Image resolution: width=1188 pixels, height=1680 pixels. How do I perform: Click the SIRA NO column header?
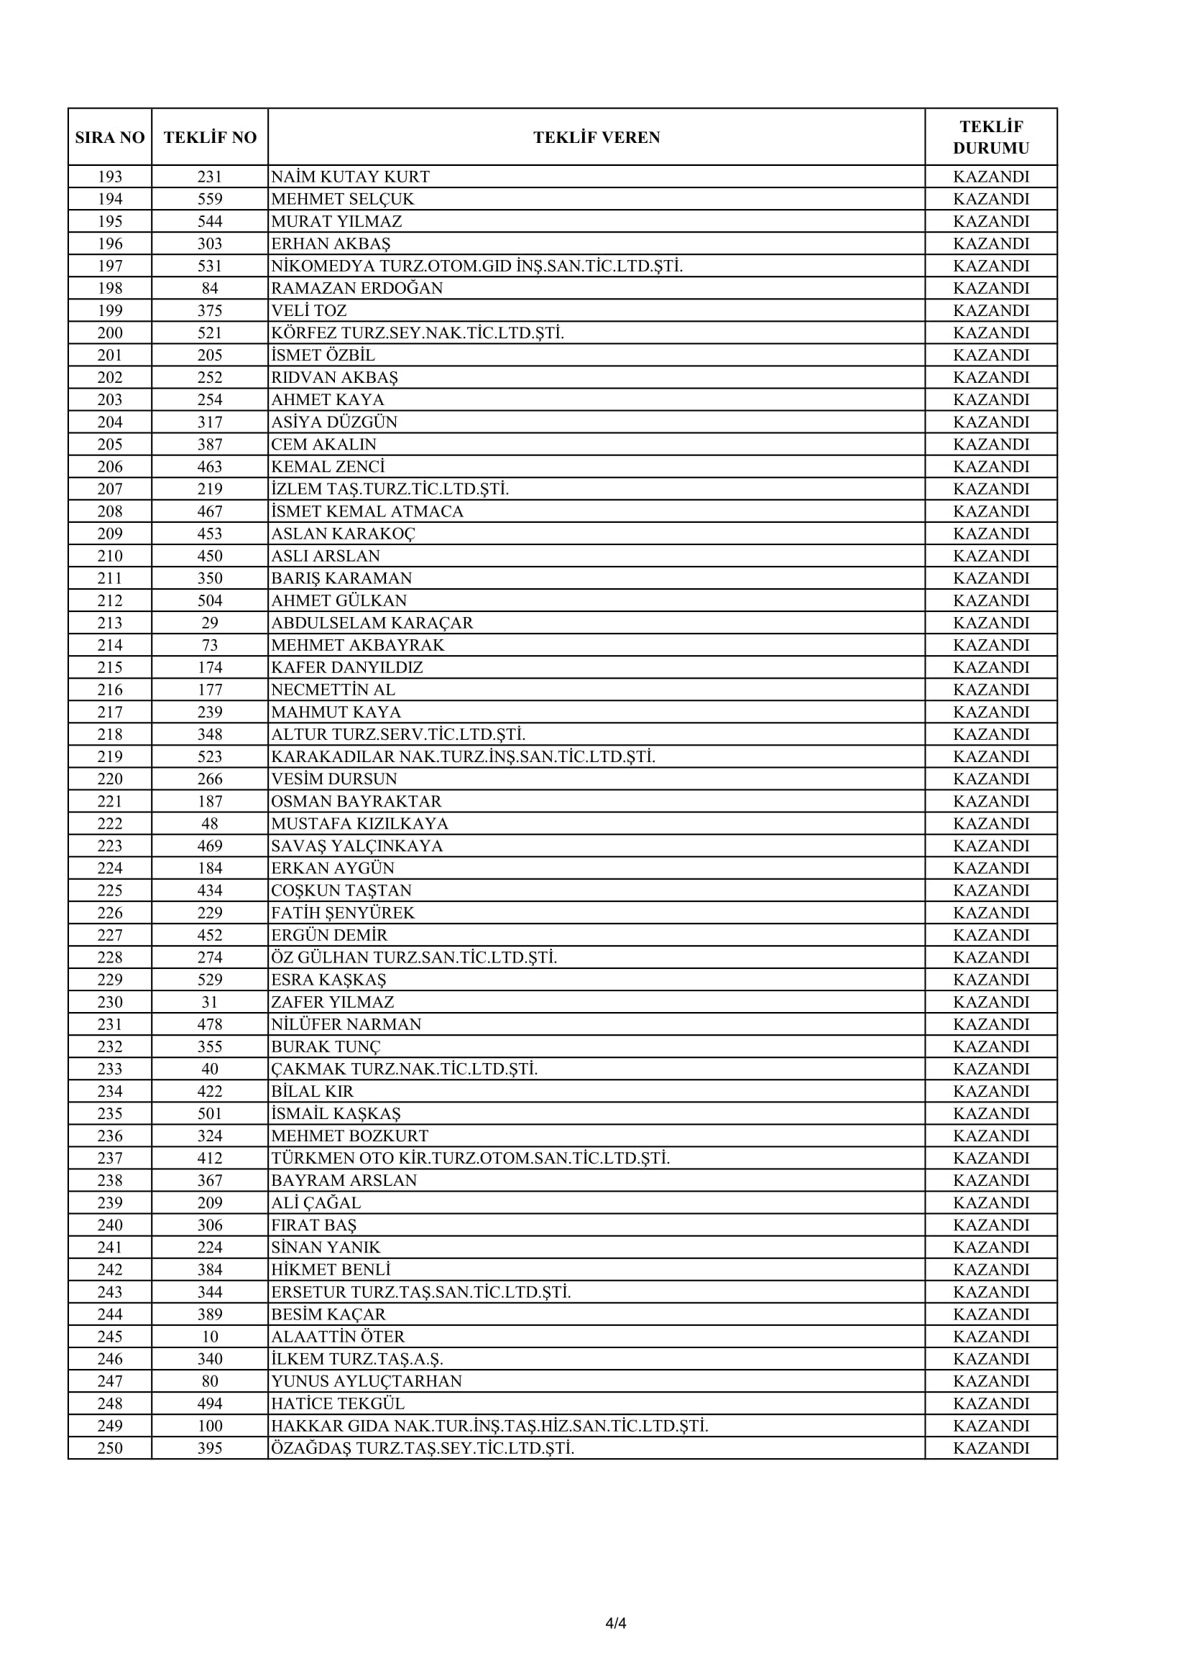110,138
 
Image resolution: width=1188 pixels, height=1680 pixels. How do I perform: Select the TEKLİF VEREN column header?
596,138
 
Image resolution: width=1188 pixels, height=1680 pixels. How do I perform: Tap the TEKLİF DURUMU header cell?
990,138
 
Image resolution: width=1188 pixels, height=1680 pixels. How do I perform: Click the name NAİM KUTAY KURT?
350,177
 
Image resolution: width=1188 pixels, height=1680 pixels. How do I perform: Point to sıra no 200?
110,333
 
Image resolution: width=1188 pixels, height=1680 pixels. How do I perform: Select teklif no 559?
210,199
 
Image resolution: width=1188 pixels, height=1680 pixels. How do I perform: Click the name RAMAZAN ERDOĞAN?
356,288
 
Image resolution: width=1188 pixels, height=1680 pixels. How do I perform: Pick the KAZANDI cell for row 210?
990,556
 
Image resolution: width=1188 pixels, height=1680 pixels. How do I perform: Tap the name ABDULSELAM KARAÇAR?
372,623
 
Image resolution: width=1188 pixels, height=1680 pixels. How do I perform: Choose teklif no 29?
210,623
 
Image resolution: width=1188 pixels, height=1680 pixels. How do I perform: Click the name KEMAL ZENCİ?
327,467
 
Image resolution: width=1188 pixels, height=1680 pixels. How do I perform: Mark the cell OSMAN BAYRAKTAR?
356,802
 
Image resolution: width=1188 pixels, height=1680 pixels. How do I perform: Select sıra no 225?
110,891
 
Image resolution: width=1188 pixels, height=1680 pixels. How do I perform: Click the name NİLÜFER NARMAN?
346,1024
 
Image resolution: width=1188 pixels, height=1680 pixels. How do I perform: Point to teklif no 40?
210,1069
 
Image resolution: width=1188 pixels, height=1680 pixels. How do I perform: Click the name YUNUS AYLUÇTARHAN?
366,1381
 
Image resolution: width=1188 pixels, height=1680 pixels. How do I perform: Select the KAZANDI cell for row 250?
990,1448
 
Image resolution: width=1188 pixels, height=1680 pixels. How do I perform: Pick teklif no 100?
210,1426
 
